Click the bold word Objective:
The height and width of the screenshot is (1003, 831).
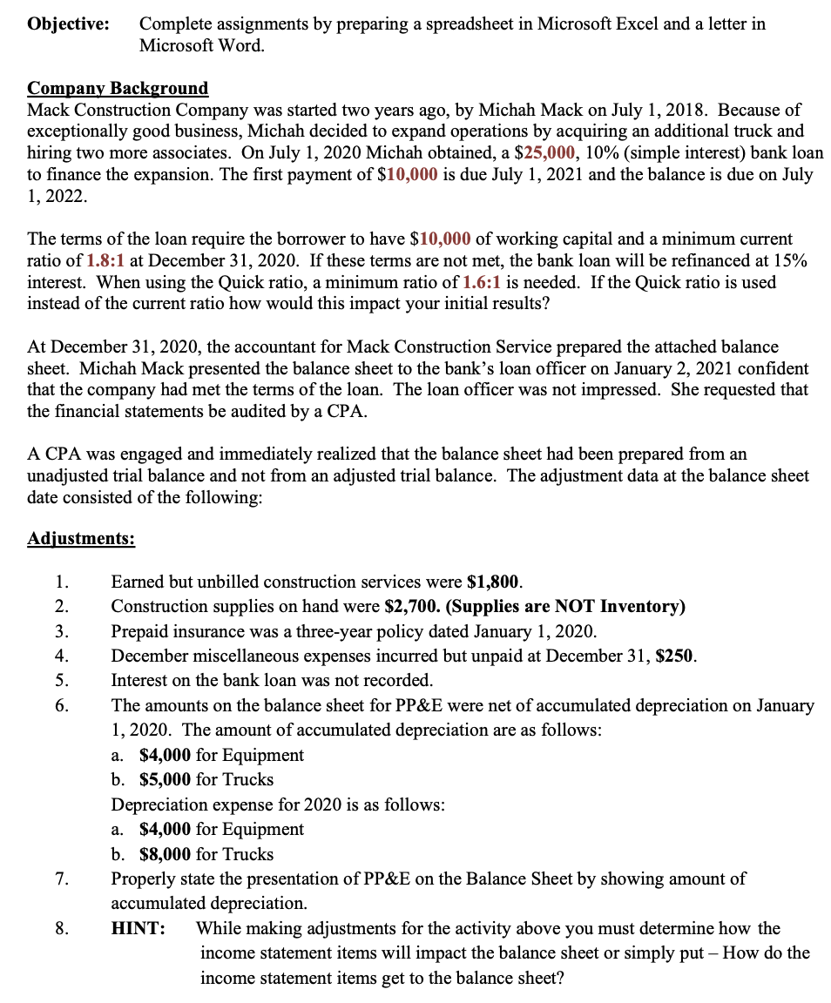[68, 24]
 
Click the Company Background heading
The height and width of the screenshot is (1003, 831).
[118, 88]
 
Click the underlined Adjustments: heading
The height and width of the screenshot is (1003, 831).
[81, 538]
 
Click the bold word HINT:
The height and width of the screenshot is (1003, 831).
[138, 928]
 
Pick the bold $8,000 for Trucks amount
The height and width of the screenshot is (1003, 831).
[166, 854]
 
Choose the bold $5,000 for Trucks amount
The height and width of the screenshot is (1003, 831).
[166, 779]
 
